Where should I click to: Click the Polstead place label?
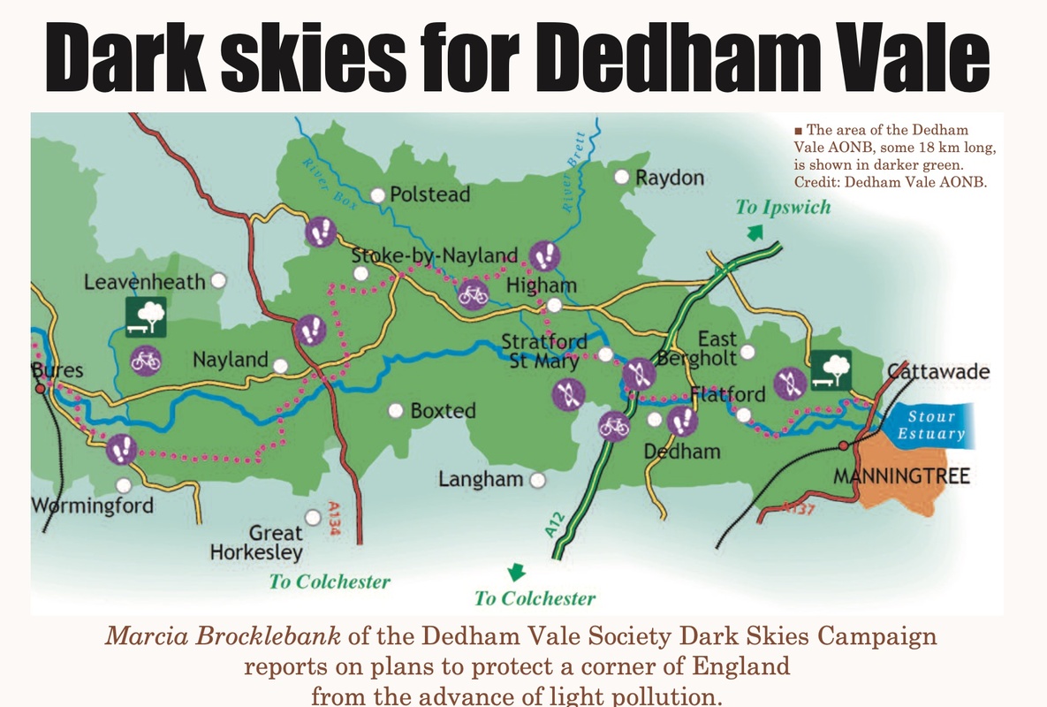coord(430,194)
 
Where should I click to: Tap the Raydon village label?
coord(670,178)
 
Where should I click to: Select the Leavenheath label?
coord(145,282)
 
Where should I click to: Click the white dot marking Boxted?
coord(396,411)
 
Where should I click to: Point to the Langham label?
coord(481,479)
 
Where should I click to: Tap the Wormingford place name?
coord(93,506)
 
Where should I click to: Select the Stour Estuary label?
coord(931,424)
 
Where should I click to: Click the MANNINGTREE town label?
coord(902,477)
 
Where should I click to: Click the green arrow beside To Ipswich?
coord(754,232)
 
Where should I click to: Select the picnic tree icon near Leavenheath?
coord(146,316)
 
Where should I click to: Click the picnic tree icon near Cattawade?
coord(831,369)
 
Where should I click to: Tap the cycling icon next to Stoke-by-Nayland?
coord(474,293)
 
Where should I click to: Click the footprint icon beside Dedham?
coord(681,422)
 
